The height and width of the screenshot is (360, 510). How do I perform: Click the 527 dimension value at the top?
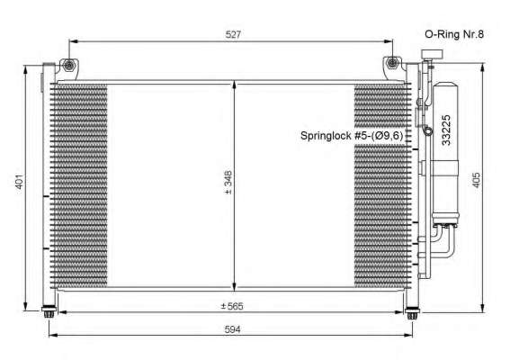click(233, 34)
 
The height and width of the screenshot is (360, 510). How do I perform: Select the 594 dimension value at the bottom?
click(233, 329)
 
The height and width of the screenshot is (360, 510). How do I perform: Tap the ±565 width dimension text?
click(232, 306)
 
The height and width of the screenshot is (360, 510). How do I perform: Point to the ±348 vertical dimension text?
click(228, 183)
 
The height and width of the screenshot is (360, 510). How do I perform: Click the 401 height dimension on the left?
click(20, 181)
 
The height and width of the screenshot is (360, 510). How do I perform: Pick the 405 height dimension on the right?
click(476, 180)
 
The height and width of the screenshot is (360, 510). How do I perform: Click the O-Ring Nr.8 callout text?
click(454, 34)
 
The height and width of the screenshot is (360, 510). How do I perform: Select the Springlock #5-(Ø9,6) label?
click(352, 136)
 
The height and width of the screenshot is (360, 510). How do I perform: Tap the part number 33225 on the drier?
click(446, 130)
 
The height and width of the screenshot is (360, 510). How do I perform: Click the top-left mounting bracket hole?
click(68, 66)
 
